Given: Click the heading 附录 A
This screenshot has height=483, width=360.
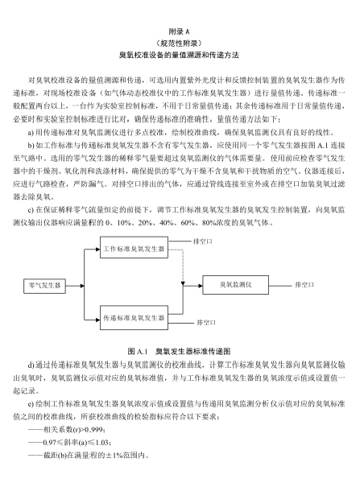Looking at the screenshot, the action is pyautogui.click(x=179, y=31).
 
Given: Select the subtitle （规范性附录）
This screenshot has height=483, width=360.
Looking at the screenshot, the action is pyautogui.click(x=179, y=43).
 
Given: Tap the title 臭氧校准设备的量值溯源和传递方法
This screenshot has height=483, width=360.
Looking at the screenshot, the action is pyautogui.click(x=179, y=55).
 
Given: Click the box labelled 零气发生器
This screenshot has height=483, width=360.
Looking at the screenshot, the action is pyautogui.click(x=44, y=286).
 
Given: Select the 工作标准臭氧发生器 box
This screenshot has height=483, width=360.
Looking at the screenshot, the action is pyautogui.click(x=134, y=247).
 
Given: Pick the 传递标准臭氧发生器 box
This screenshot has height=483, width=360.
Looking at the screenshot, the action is pyautogui.click(x=134, y=318).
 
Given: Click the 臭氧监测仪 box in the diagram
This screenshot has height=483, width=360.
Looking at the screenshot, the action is pyautogui.click(x=235, y=285).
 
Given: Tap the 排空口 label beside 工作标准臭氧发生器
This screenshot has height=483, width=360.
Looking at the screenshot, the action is pyautogui.click(x=202, y=242).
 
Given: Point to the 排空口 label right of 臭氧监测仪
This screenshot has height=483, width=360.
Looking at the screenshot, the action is pyautogui.click(x=304, y=285).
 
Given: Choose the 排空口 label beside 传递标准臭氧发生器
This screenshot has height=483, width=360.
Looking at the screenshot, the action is pyautogui.click(x=206, y=323).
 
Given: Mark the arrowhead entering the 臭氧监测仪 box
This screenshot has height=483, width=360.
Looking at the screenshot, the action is pyautogui.click(x=201, y=286).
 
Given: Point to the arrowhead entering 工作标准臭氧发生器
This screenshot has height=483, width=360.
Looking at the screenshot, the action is pyautogui.click(x=98, y=250).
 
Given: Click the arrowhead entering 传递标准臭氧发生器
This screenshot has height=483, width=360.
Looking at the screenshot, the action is pyautogui.click(x=98, y=320).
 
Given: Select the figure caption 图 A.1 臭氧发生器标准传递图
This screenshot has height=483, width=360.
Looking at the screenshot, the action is pyautogui.click(x=179, y=351).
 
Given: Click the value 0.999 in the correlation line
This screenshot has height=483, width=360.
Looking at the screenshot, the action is pyautogui.click(x=97, y=430).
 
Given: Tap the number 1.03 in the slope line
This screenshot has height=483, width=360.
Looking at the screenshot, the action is pyautogui.click(x=102, y=443).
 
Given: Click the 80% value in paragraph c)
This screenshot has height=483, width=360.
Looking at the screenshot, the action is pyautogui.click(x=209, y=222).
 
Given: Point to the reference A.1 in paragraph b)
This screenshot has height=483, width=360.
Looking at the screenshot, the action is pyautogui.click(x=322, y=145).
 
